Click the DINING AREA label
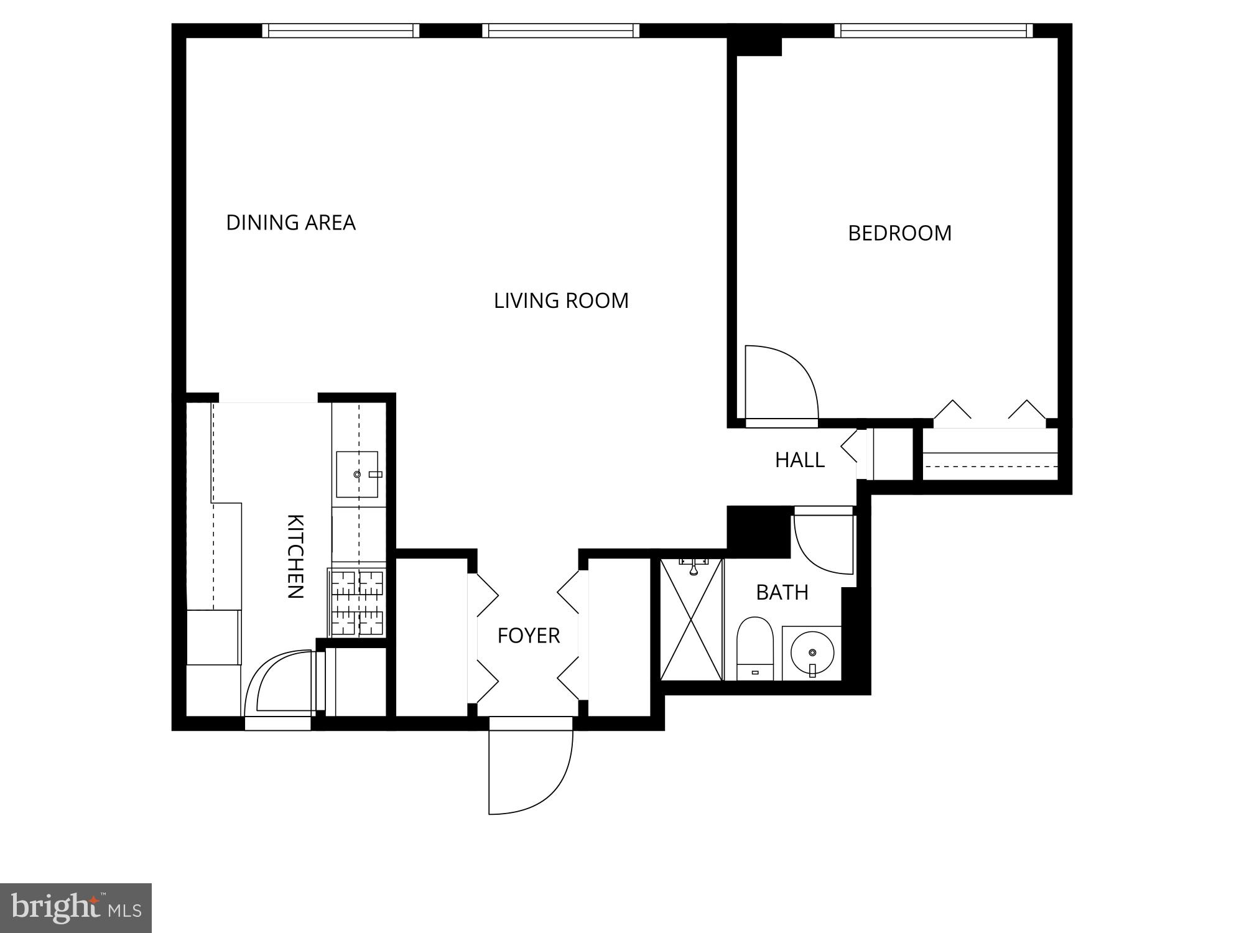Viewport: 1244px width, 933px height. tap(290, 223)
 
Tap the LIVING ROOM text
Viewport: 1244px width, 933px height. tap(561, 301)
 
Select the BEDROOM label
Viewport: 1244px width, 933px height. tap(899, 233)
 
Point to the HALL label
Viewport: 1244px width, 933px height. tap(799, 460)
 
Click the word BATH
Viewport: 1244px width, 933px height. tap(782, 593)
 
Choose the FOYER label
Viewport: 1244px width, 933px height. tap(529, 636)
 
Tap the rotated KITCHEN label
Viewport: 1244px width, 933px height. tap(295, 557)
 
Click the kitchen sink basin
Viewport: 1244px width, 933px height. tap(356, 475)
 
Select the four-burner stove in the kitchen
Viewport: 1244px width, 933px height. tap(357, 602)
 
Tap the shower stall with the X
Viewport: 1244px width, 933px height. tap(691, 620)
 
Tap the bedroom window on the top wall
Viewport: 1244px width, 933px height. tap(933, 30)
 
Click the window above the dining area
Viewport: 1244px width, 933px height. tap(340, 30)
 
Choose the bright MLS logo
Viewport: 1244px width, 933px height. tap(76, 908)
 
